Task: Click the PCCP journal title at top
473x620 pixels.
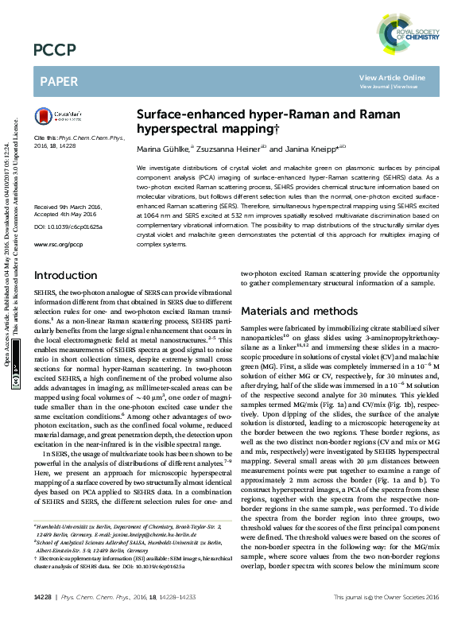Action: [x=55, y=52]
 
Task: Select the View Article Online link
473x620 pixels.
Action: [x=392, y=77]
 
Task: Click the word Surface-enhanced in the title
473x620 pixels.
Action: [x=180, y=114]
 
